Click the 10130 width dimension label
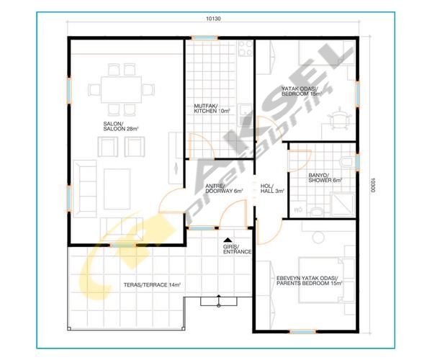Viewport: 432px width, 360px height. (213, 19)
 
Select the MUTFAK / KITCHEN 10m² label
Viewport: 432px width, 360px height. (212, 109)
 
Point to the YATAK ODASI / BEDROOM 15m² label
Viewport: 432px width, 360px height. (302, 91)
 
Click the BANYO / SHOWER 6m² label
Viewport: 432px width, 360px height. (325, 178)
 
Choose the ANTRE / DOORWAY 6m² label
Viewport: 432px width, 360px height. (224, 188)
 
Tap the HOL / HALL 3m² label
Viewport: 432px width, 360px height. (272, 188)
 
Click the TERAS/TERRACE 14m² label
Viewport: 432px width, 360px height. (152, 285)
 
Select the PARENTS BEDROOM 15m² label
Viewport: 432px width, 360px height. (310, 283)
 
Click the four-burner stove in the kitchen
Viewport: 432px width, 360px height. (246, 48)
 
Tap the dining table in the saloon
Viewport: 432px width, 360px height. (121, 89)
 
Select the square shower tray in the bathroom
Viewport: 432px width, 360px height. (343, 204)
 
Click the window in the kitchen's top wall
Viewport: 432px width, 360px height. (204, 37)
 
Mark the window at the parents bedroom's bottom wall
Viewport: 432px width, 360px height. (303, 332)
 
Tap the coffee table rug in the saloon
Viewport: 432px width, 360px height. (117, 189)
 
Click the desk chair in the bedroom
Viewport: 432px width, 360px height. (338, 120)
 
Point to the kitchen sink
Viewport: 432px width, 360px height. (245, 111)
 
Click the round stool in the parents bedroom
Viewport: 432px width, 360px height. (318, 237)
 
